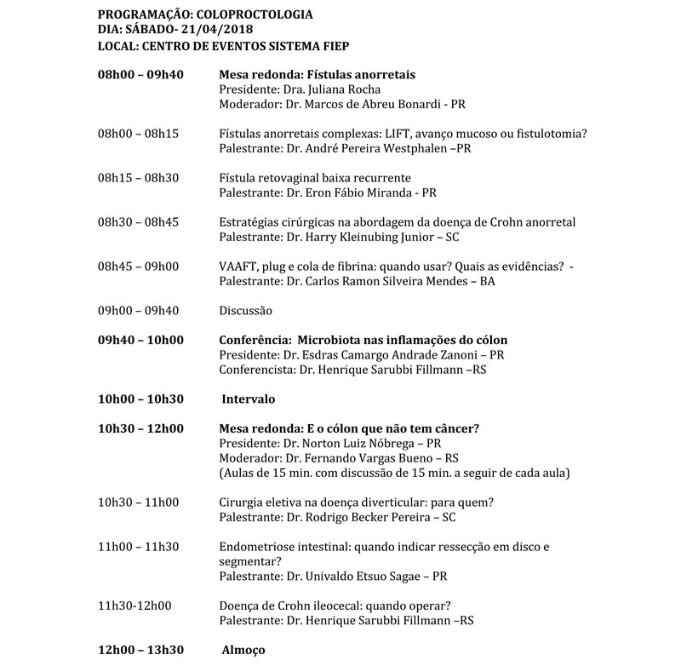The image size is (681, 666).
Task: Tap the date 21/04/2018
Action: click(x=186, y=30)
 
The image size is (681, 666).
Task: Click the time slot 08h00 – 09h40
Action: click(x=141, y=75)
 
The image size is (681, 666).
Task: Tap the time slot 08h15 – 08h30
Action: click(x=138, y=178)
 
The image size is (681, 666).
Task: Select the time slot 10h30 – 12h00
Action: click(x=141, y=428)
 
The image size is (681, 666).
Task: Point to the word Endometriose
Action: click(x=257, y=547)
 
